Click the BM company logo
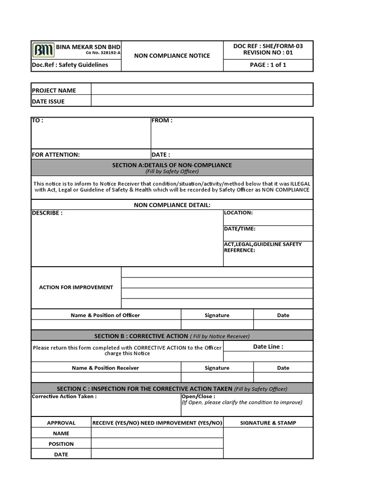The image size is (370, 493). coord(43,50)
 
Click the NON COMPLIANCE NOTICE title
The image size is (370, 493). coord(172,55)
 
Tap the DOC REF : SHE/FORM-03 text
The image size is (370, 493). coord(268,46)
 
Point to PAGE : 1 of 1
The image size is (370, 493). coord(268,65)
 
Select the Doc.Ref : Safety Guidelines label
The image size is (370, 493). coord(70,65)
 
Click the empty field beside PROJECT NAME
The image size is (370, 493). coord(202,90)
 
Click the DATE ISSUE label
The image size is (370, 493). coord(48,102)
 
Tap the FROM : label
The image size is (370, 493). coord(162,121)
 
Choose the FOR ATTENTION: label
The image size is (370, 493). coord(56,155)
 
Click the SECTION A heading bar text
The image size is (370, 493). coord(172,165)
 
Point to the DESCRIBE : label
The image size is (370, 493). coord(47,213)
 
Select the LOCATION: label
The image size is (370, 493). coord(238,212)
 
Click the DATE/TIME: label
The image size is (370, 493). coord(239,229)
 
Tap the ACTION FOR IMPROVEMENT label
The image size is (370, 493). coord(76,287)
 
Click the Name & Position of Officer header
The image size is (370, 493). coord(106,315)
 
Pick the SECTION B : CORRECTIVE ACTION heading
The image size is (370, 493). coord(141,336)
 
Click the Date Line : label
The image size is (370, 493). coord(268,347)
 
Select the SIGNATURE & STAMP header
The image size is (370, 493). coord(268,423)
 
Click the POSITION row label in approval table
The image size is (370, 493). coord(61,444)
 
